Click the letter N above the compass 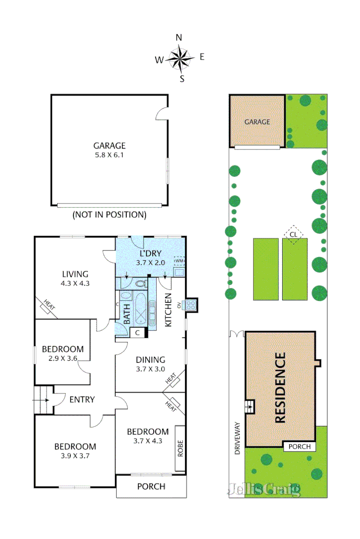coord(179,37)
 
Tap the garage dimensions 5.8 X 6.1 coord(109,155)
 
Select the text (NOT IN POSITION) coord(109,215)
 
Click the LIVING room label coord(75,274)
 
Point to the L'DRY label coord(151,253)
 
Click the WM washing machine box coord(178,261)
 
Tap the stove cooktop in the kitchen coord(191,305)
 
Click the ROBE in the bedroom coord(181,448)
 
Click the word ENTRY coord(82,400)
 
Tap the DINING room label coord(151,360)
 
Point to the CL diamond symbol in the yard coord(293,234)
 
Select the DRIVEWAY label coord(238,438)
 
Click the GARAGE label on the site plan coord(257,122)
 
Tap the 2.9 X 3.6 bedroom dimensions coord(63,359)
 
